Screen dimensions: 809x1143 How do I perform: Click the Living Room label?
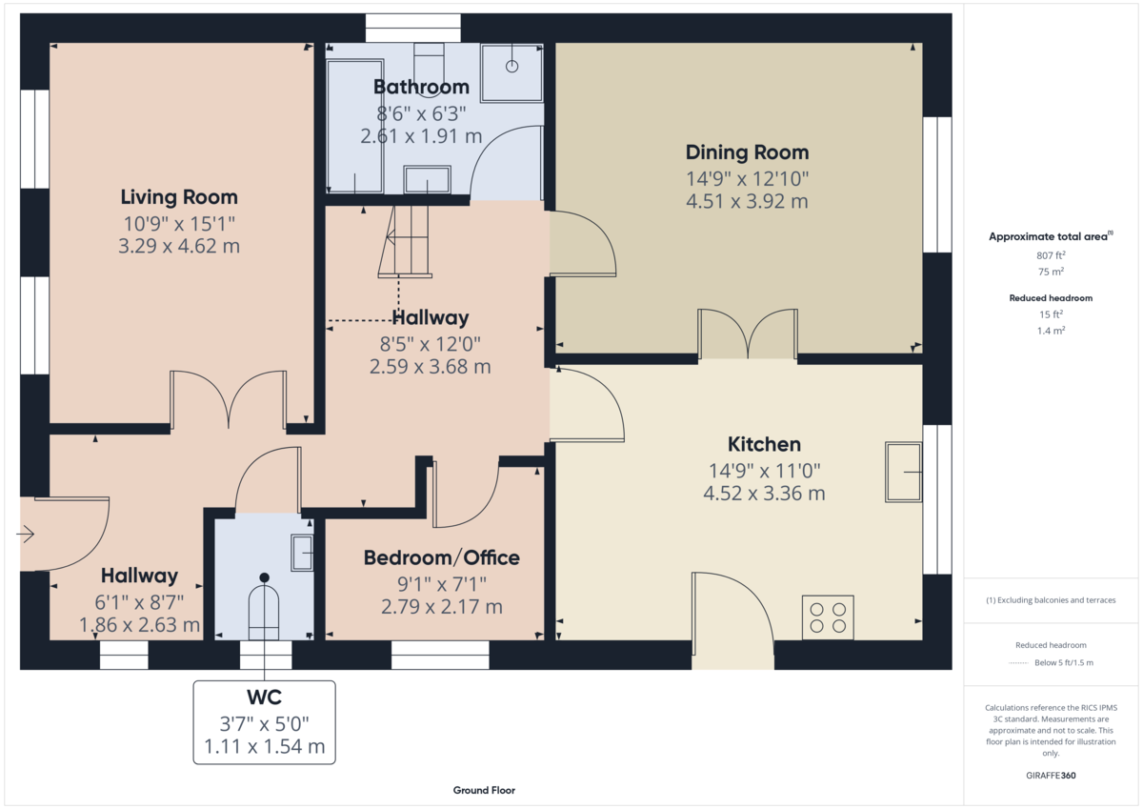coord(179,197)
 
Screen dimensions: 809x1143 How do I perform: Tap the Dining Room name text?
coord(747,152)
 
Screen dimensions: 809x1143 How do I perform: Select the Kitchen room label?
coord(764,444)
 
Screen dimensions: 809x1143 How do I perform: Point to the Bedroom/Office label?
coord(441,557)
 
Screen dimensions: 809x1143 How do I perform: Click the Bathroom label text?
coord(421,87)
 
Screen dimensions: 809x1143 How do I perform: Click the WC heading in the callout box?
coord(264,698)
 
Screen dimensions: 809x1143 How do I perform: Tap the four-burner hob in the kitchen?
coord(828,617)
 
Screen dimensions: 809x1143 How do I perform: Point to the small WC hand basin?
coord(302,553)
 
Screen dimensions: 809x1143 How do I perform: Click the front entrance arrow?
coord(26,535)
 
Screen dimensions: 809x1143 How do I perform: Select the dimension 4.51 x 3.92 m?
coord(747,202)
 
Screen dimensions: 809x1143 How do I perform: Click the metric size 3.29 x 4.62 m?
coord(179,247)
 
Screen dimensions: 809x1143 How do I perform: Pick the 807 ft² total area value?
coord(1051,255)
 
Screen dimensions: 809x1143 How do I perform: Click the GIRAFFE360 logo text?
coord(1051,776)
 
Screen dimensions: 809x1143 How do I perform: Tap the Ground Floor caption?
coord(484,790)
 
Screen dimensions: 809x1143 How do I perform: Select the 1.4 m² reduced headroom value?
coord(1051,331)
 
